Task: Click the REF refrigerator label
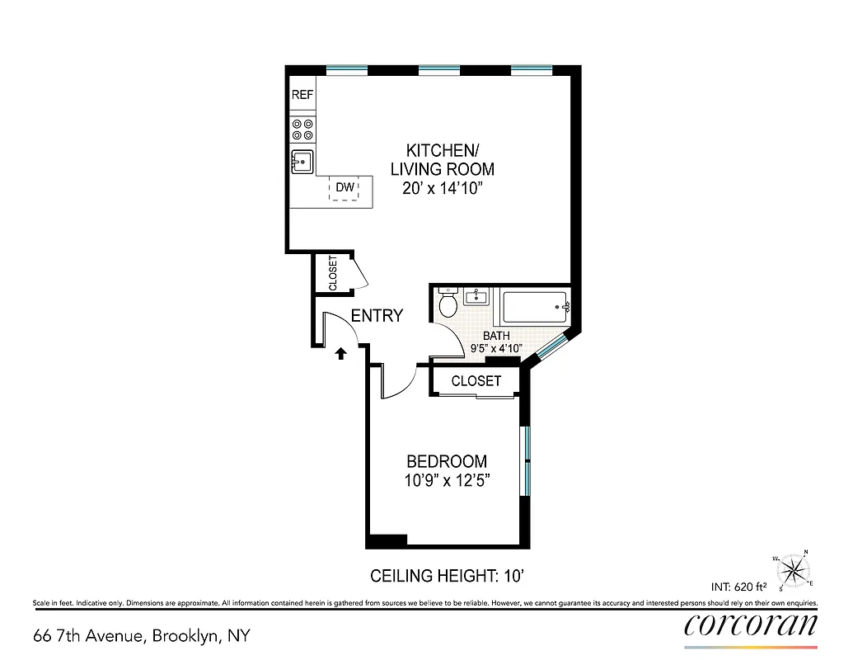[302, 95]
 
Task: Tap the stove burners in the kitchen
[302, 129]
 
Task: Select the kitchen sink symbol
[302, 162]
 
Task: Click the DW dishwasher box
[344, 188]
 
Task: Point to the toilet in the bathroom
[448, 304]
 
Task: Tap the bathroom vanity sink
[476, 296]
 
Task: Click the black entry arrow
[340, 354]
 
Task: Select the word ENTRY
[377, 315]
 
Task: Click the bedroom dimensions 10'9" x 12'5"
[448, 481]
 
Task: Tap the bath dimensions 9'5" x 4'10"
[496, 348]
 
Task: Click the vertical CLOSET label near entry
[333, 273]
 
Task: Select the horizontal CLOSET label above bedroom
[476, 381]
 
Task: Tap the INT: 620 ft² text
[738, 587]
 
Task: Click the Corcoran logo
[751, 625]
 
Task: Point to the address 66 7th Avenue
[141, 636]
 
